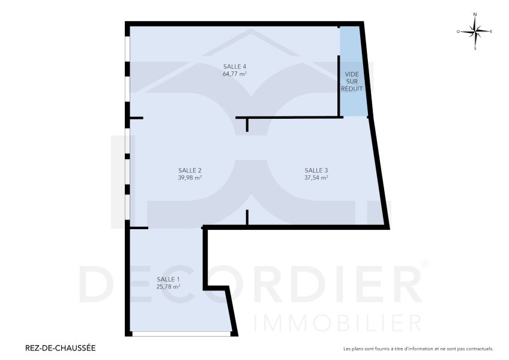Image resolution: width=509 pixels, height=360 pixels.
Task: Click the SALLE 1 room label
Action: coord(168,279)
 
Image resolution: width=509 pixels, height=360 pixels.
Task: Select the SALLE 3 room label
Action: coord(316,169)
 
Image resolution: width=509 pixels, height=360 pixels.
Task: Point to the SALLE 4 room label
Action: coord(235,66)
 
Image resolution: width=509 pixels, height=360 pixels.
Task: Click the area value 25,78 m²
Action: coord(168,287)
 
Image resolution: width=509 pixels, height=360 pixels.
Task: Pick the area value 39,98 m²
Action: coord(190,178)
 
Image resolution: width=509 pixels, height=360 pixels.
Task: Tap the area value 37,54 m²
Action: coord(316,178)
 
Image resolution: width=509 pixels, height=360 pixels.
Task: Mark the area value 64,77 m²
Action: coord(235,74)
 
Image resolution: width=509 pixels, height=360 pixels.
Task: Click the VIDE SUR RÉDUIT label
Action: coord(351,81)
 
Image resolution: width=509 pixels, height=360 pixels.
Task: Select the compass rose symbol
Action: coord(475,31)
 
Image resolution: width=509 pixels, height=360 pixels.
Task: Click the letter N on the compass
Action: coord(475,14)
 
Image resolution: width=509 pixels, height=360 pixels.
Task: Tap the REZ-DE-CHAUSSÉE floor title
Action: coord(60,347)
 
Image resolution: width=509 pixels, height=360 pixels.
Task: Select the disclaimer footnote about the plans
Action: coord(418,349)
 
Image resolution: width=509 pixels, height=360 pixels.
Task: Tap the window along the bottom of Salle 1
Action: coord(181,334)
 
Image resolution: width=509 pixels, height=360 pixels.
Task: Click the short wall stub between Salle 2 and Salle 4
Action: coord(247,124)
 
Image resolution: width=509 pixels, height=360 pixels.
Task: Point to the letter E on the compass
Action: coord(491,31)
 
